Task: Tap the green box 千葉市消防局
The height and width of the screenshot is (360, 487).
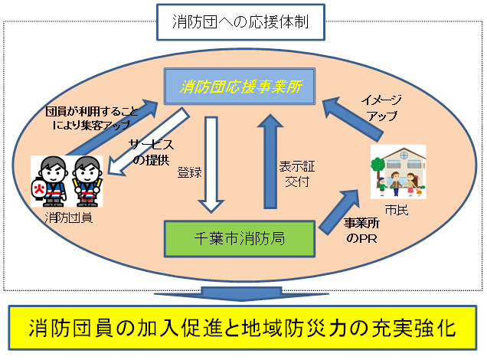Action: [x=241, y=238]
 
